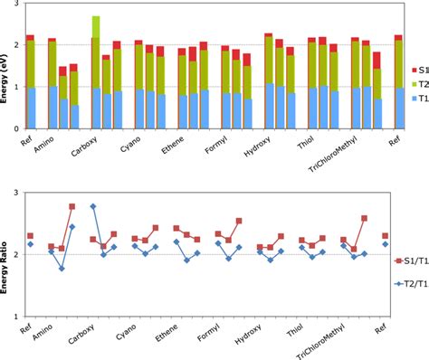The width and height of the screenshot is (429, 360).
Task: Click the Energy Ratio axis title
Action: click(x=6, y=263)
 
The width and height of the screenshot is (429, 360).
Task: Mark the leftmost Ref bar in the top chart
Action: click(x=30, y=82)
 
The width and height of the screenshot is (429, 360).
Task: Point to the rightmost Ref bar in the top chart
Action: click(x=399, y=82)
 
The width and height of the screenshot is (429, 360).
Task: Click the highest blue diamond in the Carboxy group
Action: click(x=93, y=206)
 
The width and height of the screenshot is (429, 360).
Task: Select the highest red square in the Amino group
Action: click(x=72, y=206)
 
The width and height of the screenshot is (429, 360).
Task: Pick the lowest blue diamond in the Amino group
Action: click(x=62, y=269)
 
